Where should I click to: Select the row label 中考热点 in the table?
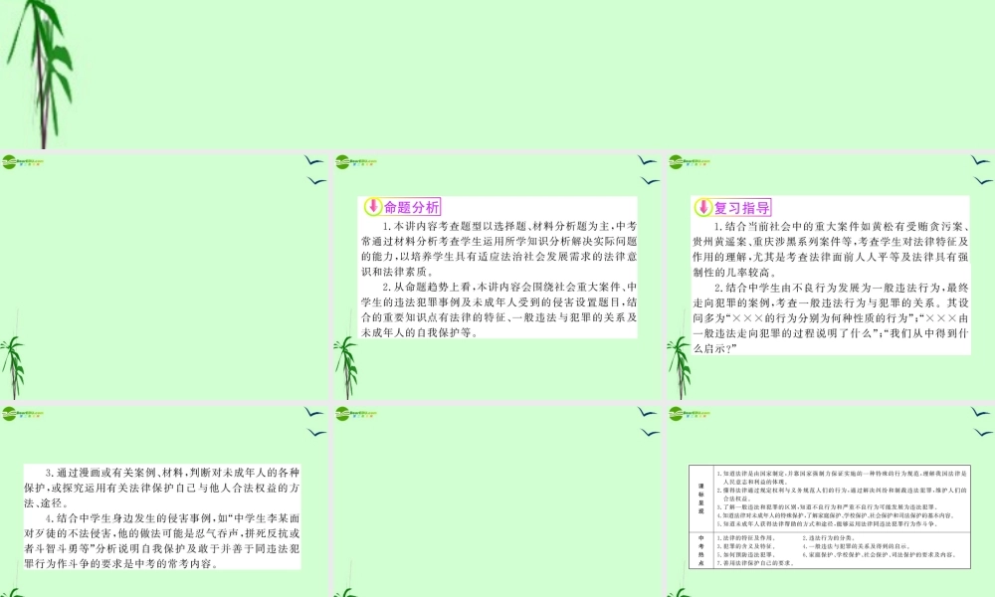pyautogui.click(x=699, y=549)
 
